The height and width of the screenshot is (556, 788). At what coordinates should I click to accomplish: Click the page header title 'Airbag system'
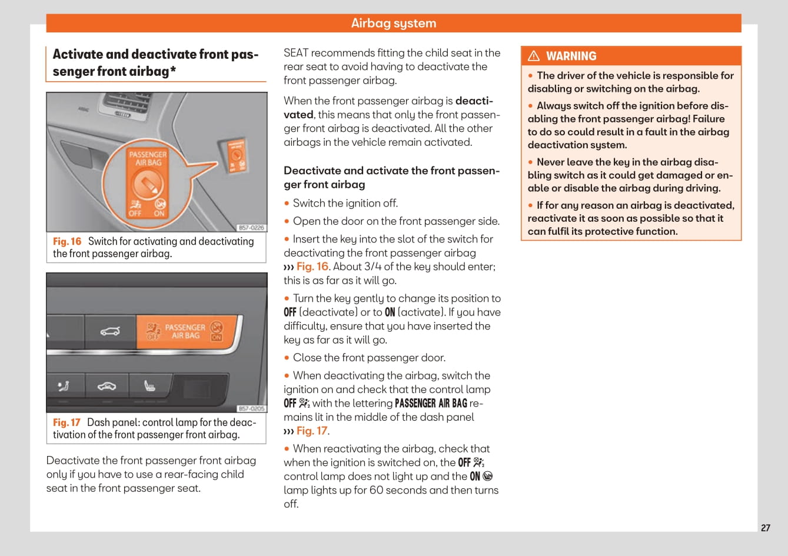point(393,24)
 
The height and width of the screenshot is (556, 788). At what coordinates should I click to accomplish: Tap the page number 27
point(765,528)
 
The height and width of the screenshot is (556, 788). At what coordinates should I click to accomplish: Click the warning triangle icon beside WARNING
point(534,56)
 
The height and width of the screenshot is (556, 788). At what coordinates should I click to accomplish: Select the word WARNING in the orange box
point(571,56)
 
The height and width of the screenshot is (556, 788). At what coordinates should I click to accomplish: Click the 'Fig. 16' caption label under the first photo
point(67,241)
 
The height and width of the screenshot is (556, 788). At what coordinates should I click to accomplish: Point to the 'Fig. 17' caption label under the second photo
point(67,422)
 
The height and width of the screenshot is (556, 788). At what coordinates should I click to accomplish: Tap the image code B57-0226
point(251,228)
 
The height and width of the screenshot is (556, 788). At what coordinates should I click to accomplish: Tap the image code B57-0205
point(251,408)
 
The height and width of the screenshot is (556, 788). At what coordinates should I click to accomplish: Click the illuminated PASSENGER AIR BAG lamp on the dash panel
point(187,331)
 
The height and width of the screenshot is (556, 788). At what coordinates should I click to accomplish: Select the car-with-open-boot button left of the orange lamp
point(110,331)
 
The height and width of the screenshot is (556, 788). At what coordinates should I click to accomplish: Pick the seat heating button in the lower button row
point(150,386)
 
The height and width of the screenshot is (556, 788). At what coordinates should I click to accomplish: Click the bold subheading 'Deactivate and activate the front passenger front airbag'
point(391,177)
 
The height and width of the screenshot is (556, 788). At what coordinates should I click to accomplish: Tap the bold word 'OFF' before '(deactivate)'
point(290,312)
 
